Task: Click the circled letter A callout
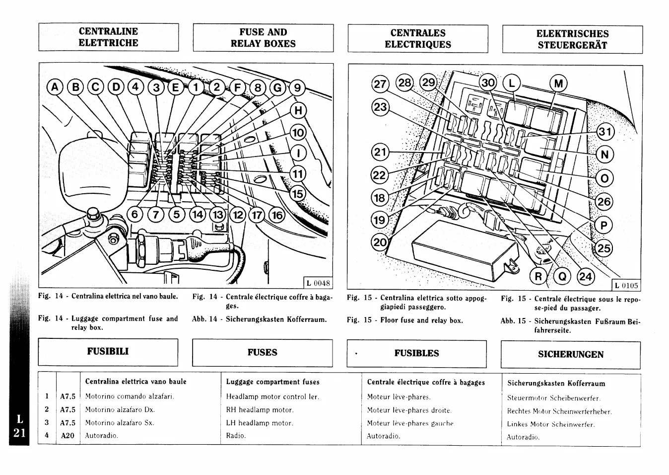[x=55, y=88]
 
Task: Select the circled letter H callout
[x=298, y=110]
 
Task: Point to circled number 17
[x=257, y=215]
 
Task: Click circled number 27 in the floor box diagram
[x=381, y=84]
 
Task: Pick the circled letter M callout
[x=558, y=83]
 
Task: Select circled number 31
[x=604, y=132]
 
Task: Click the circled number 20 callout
[x=380, y=242]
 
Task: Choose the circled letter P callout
[x=603, y=226]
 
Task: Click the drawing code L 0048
[x=318, y=283]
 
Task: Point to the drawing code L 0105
[x=626, y=285]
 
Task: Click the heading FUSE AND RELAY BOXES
[x=263, y=38]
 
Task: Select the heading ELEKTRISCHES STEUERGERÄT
[x=572, y=39]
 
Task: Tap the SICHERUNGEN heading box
[x=571, y=354]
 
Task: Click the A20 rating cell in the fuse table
[x=67, y=436]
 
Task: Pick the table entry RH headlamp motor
[x=260, y=410]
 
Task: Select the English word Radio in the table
[x=236, y=436]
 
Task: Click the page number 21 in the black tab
[x=19, y=433]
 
